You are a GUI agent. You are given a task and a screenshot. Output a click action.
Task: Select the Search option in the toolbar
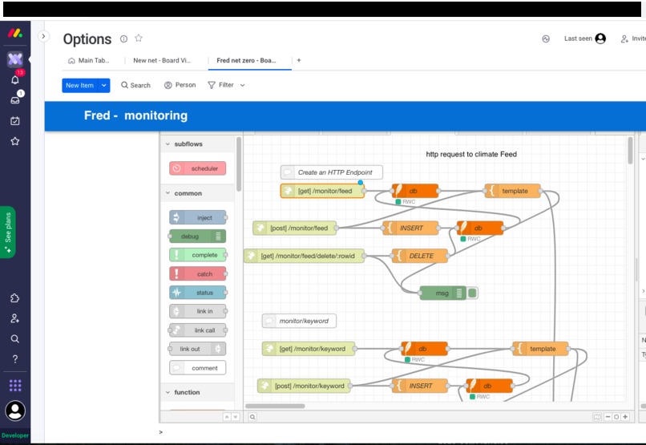(135, 85)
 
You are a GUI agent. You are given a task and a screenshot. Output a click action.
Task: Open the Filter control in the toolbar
(226, 85)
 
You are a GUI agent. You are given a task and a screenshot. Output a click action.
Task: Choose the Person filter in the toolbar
(180, 85)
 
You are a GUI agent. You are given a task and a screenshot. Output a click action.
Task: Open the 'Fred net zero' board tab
(246, 61)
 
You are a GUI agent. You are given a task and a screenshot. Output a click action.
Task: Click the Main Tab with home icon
(89, 61)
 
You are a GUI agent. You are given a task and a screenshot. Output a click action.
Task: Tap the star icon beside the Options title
(139, 38)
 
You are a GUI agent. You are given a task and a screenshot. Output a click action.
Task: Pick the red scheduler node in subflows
(197, 168)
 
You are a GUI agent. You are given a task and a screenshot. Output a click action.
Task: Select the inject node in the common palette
(198, 217)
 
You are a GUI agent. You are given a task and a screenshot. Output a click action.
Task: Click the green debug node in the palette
(197, 236)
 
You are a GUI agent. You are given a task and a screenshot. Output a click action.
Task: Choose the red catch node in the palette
(198, 273)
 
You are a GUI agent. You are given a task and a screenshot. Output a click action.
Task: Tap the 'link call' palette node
(198, 330)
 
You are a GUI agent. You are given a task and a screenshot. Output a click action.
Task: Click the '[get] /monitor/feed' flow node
(322, 191)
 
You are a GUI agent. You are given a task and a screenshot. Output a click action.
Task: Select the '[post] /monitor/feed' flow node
(295, 228)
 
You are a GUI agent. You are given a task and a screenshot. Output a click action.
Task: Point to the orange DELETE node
(420, 256)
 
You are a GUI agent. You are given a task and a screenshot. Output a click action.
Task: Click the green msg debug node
(443, 293)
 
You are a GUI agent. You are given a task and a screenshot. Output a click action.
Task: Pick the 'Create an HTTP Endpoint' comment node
(331, 172)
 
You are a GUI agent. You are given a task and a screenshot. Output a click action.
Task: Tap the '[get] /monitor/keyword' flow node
(309, 349)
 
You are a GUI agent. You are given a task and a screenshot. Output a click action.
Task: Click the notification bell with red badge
(15, 79)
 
